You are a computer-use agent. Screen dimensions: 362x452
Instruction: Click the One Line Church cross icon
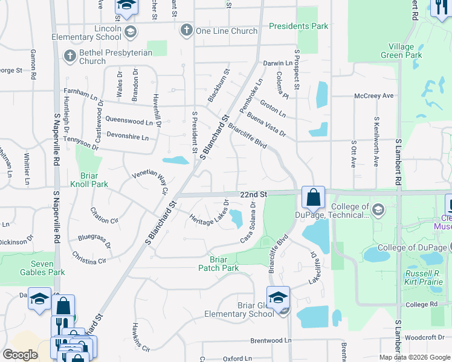point(187,31)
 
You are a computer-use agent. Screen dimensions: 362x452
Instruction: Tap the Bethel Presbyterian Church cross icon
point(70,57)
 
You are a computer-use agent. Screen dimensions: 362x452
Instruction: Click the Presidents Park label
point(299,26)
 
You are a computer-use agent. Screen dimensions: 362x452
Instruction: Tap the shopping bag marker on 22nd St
point(314,197)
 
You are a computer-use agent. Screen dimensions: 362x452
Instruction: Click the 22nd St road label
point(253,195)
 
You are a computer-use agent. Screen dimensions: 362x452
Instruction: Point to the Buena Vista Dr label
point(265,128)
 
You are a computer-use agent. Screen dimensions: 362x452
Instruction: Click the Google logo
point(20,355)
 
